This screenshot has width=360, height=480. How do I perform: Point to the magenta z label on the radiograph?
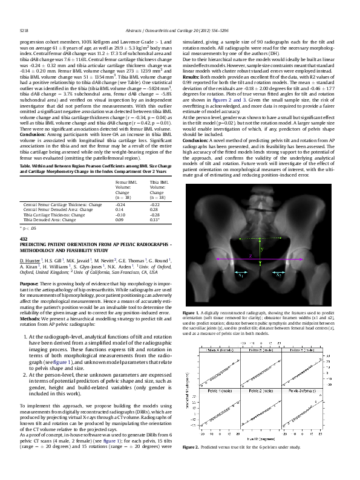pos(250,255)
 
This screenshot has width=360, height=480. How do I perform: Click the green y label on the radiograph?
pos(261,248)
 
